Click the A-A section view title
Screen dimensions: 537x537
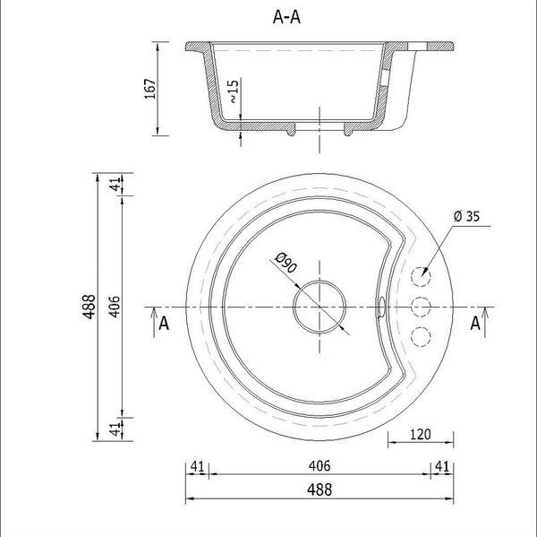click(286, 17)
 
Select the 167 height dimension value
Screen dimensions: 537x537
click(149, 89)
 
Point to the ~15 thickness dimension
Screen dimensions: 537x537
click(233, 91)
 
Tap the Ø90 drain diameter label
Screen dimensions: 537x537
click(286, 263)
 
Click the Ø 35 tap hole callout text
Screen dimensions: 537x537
click(467, 216)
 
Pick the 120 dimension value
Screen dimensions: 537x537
click(421, 435)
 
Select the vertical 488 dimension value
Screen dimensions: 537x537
click(89, 307)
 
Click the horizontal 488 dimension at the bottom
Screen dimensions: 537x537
click(320, 489)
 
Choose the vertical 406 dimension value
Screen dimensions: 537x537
click(115, 307)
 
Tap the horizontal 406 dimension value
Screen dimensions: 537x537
click(320, 465)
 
